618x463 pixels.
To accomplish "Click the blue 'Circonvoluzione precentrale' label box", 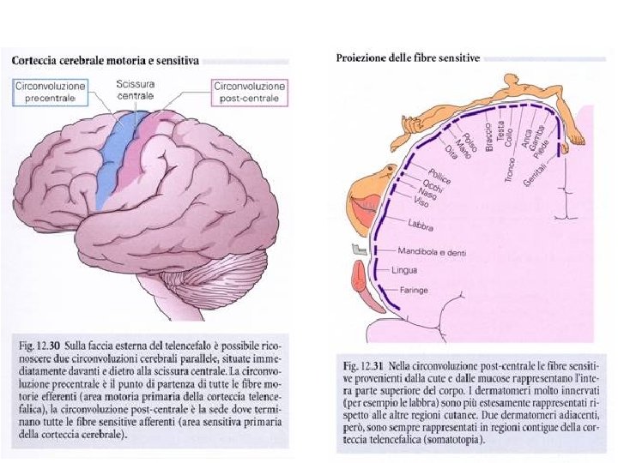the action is [x=50, y=93].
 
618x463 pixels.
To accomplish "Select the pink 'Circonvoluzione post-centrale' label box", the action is [x=250, y=91].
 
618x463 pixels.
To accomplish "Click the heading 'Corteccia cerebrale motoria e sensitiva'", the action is [x=105, y=61].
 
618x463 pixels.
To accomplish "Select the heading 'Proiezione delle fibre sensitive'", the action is [x=406, y=59].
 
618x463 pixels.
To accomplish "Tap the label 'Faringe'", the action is [x=414, y=291].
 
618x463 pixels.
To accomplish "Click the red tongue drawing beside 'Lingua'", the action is [x=360, y=284].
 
